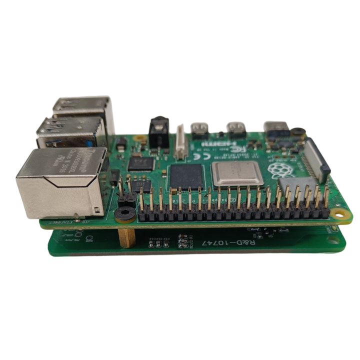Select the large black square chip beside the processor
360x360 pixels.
coord(186,177)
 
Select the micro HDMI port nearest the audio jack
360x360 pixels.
coord(202,129)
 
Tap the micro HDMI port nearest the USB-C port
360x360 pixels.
coord(236,128)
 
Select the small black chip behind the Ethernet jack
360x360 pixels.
coord(139,163)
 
